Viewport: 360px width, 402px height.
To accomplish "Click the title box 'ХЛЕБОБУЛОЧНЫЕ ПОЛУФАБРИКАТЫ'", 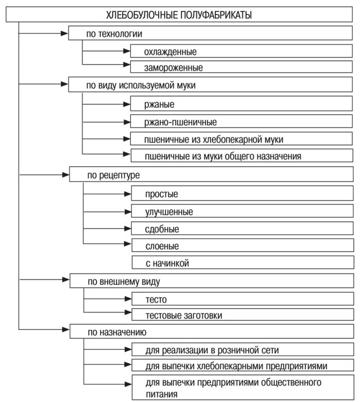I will (179, 15).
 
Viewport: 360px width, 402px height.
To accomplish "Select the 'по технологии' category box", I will (211, 34).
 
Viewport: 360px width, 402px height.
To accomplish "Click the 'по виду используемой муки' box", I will (211, 85).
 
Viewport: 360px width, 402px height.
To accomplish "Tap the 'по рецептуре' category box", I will (211, 175).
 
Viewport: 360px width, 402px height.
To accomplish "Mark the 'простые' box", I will (242, 194).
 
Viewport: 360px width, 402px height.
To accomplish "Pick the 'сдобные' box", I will (242, 229).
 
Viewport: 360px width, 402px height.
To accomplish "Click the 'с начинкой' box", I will (242, 263).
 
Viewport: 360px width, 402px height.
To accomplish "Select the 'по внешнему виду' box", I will (211, 282).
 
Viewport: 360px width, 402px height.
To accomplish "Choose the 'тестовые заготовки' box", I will (242, 315).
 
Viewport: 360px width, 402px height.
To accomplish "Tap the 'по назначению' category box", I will (211, 332).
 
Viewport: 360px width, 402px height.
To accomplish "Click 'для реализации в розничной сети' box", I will (242, 350).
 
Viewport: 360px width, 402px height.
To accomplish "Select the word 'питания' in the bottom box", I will (162, 394).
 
